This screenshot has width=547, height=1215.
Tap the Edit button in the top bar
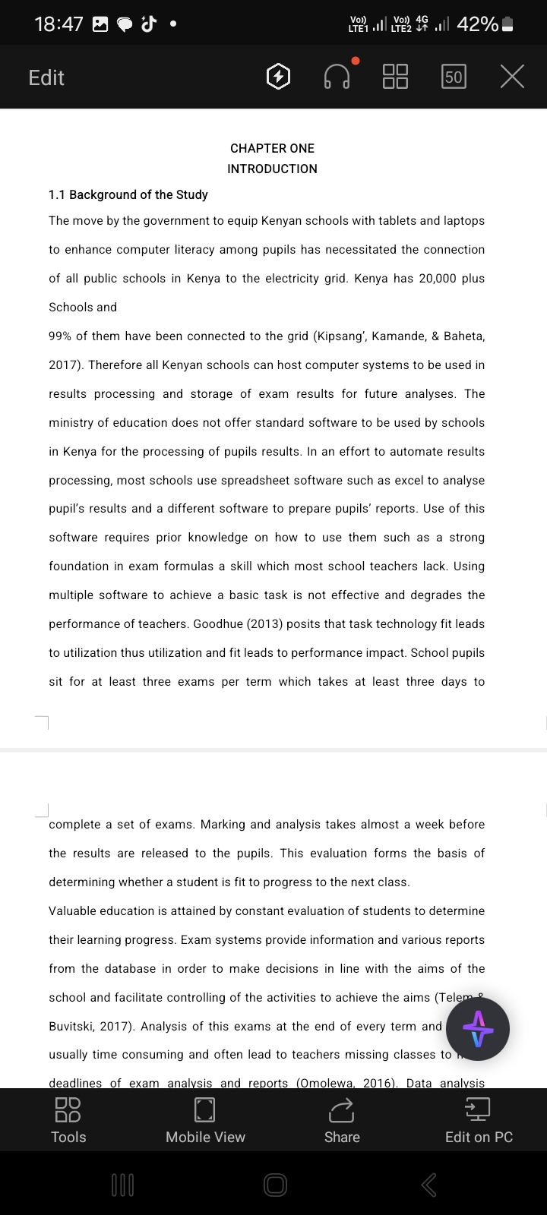pyautogui.click(x=46, y=77)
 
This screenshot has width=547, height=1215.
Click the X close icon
pyautogui.click(x=513, y=77)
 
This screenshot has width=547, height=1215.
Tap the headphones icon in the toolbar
pyautogui.click(x=337, y=77)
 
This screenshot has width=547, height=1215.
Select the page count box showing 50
pyautogui.click(x=454, y=77)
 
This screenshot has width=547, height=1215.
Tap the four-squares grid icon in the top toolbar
pyautogui.click(x=395, y=77)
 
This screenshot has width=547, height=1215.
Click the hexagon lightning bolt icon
pyautogui.click(x=278, y=77)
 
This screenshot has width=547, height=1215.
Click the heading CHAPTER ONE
pyautogui.click(x=272, y=148)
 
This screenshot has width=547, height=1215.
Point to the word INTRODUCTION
pyautogui.click(x=272, y=169)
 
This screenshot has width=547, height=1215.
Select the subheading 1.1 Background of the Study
pyautogui.click(x=128, y=194)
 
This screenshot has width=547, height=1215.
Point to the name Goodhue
pyautogui.click(x=219, y=623)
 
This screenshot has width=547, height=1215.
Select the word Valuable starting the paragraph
pyautogui.click(x=74, y=910)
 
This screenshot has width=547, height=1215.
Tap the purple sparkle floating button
pyautogui.click(x=478, y=1029)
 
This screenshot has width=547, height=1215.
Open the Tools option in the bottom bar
pyautogui.click(x=68, y=1121)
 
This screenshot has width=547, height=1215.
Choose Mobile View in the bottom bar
pyautogui.click(x=205, y=1121)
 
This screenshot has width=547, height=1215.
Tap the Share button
pyautogui.click(x=342, y=1121)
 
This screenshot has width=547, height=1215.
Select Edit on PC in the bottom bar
pyautogui.click(x=479, y=1121)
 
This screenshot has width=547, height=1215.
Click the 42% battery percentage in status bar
pyautogui.click(x=478, y=24)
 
